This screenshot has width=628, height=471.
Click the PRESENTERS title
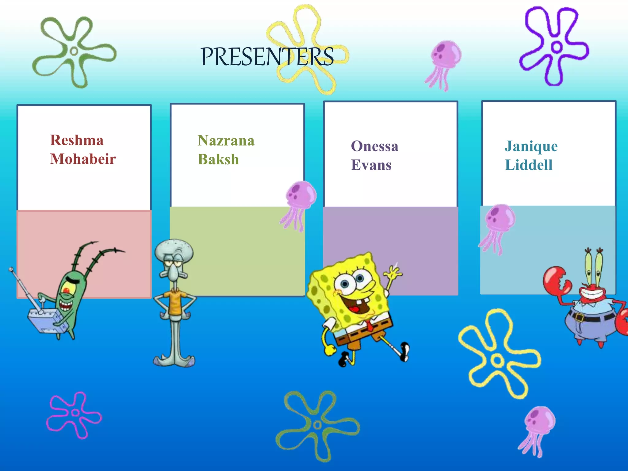click(267, 57)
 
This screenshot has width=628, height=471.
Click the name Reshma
click(77, 140)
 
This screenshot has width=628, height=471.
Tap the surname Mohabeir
click(83, 159)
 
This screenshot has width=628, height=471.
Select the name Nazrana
click(226, 141)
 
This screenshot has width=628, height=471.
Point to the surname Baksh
click(218, 159)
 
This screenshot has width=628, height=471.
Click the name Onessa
click(374, 146)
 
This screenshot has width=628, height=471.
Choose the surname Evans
click(371, 165)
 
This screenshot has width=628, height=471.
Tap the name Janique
click(531, 147)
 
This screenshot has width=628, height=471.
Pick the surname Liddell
click(529, 165)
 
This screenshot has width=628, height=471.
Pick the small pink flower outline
click(74, 414)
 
